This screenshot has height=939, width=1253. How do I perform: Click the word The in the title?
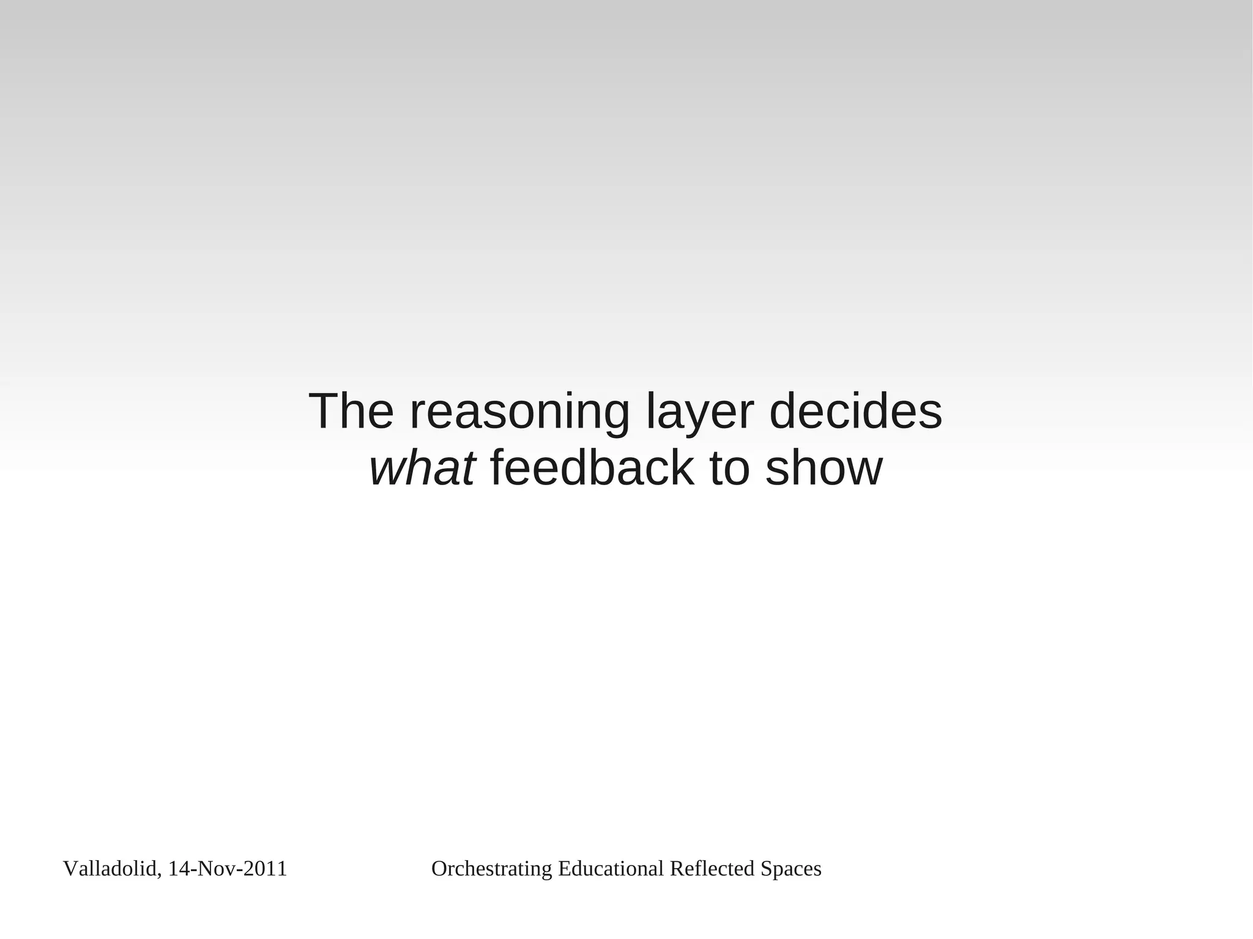pos(351,412)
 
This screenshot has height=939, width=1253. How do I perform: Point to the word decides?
pos(855,412)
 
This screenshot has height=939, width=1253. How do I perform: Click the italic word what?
pos(422,469)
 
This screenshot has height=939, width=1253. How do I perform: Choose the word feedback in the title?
pos(592,469)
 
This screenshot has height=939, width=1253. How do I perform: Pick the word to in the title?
pos(729,469)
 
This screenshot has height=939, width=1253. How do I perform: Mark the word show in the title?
pos(824,469)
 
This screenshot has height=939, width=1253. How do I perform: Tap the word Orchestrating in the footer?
pos(492,869)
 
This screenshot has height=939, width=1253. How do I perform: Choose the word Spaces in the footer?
pos(790,869)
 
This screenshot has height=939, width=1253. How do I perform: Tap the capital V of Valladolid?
pos(69,869)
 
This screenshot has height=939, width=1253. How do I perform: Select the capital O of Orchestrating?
pos(438,869)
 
